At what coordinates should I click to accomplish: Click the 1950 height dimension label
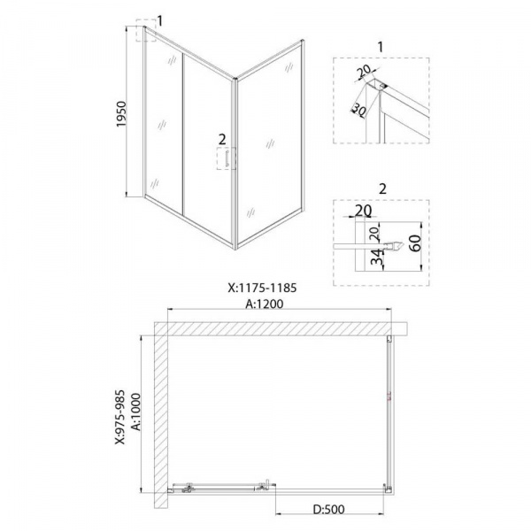(121, 114)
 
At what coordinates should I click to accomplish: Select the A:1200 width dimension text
(265, 304)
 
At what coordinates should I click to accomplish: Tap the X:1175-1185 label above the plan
(262, 288)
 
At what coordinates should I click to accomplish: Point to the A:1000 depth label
(135, 412)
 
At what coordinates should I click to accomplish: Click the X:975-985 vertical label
(120, 417)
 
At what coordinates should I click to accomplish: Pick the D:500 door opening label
(328, 510)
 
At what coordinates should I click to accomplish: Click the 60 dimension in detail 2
(416, 242)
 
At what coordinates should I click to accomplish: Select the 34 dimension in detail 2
(377, 257)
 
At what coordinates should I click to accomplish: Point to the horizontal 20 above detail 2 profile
(363, 211)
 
